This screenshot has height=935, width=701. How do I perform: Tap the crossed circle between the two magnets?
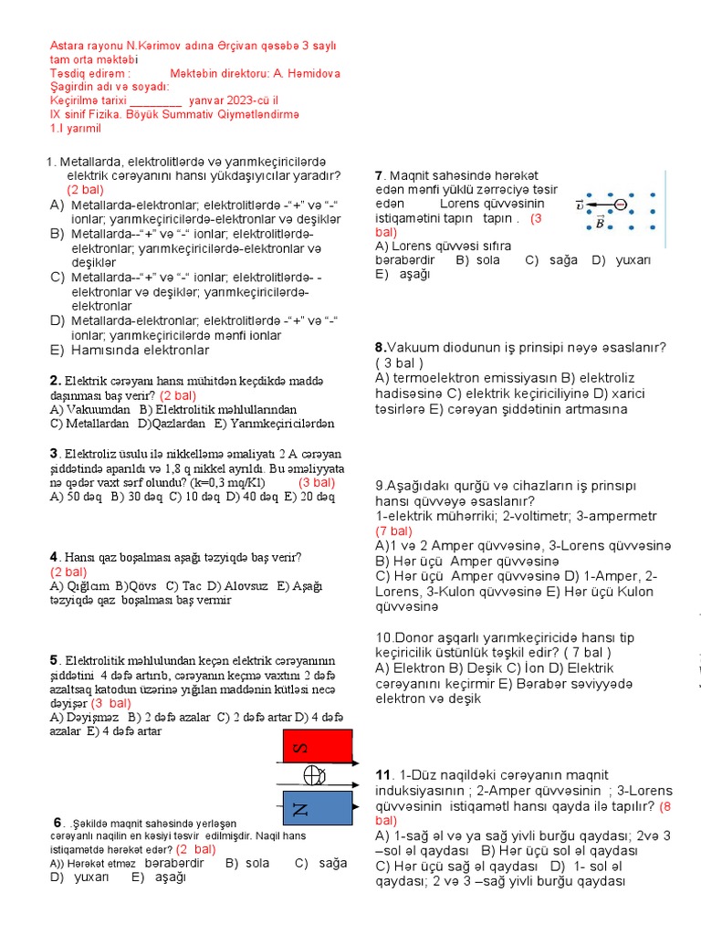tap(314, 775)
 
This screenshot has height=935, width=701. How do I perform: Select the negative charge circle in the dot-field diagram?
tap(620, 205)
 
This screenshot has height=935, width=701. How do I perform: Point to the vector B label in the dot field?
tap(599, 222)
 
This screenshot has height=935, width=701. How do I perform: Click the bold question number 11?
tap(383, 775)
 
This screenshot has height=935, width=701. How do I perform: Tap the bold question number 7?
tap(379, 175)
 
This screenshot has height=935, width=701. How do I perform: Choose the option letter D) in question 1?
tap(57, 320)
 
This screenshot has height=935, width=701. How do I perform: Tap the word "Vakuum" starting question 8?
tap(408, 348)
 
